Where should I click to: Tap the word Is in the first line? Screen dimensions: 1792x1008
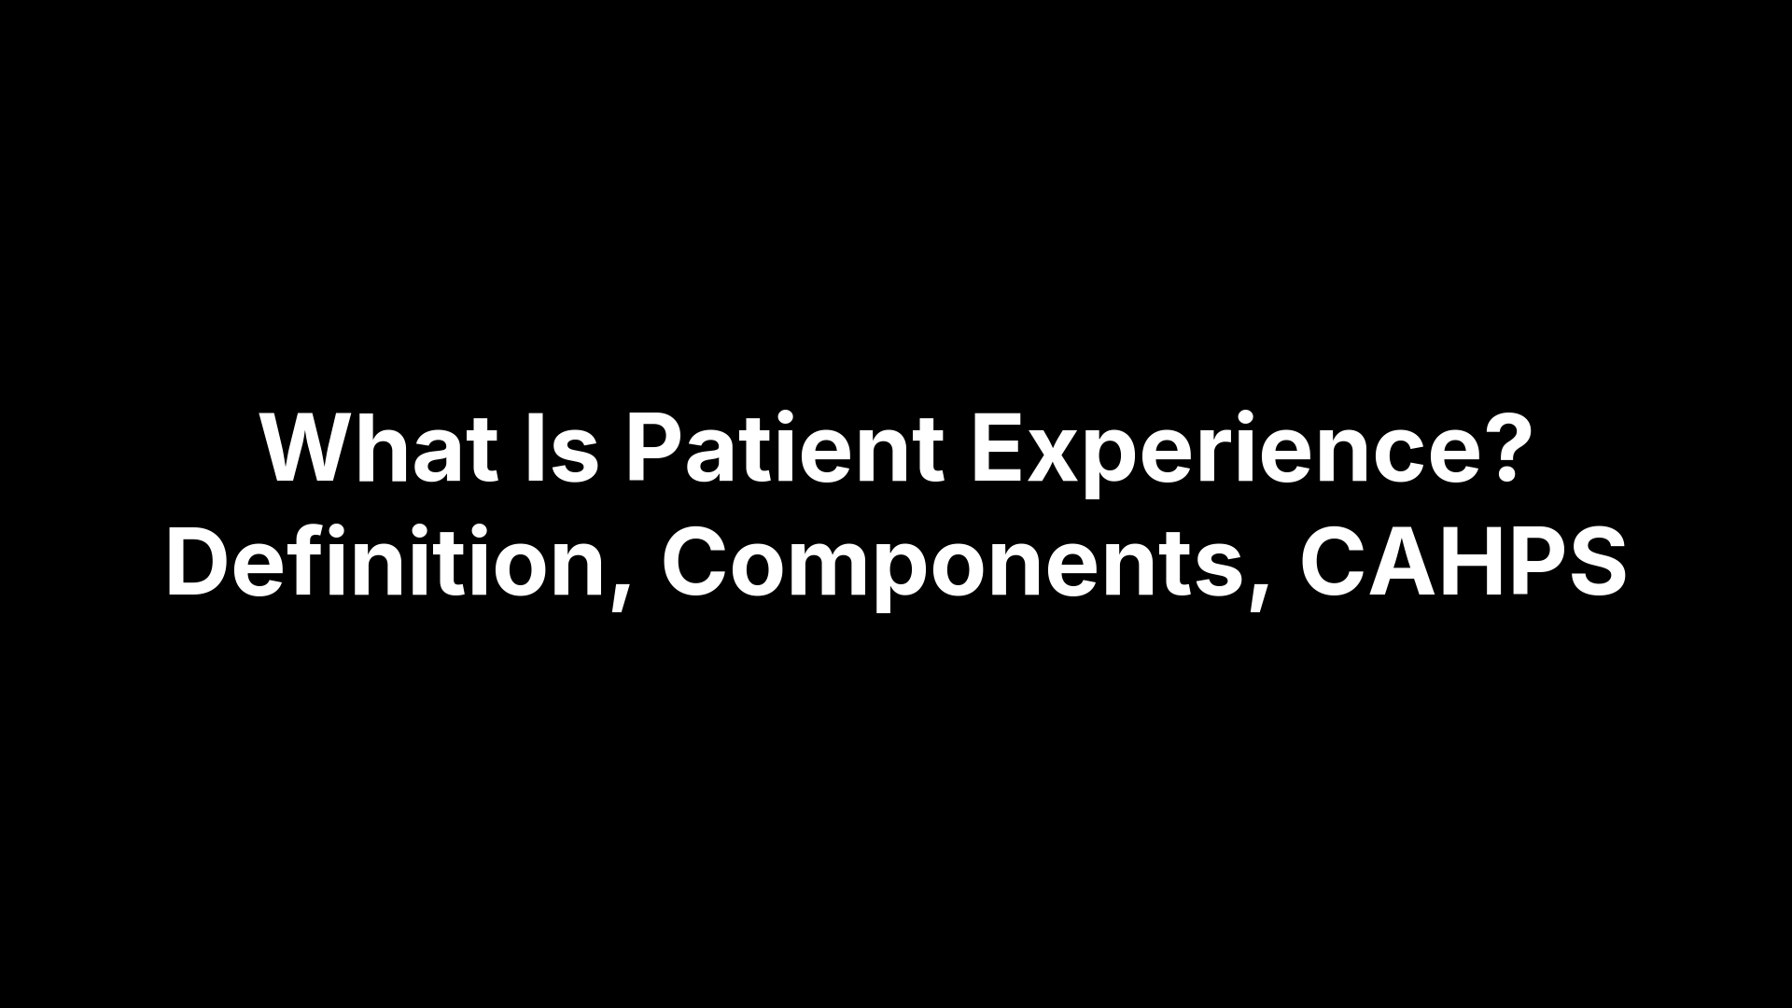pos(561,449)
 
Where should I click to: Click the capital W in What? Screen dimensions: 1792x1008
pos(309,449)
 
